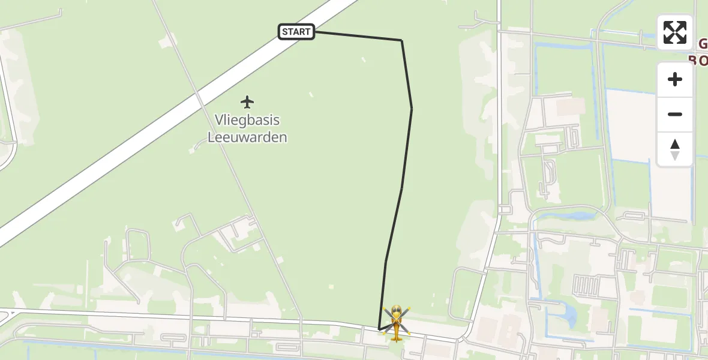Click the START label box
pyautogui.click(x=296, y=32)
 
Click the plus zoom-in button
pyautogui.click(x=675, y=79)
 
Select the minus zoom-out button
pyautogui.click(x=675, y=114)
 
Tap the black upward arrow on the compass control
pyautogui.click(x=675, y=144)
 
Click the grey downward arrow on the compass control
pyautogui.click(x=675, y=156)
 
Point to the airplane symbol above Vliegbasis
pyautogui.click(x=247, y=101)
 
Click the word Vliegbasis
pyautogui.click(x=247, y=120)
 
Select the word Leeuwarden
pyautogui.click(x=247, y=137)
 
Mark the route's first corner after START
pyautogui.click(x=401, y=40)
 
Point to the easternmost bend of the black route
pyautogui.click(x=412, y=109)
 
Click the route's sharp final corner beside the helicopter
pyautogui.click(x=379, y=329)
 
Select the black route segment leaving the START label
pyautogui.click(x=358, y=35)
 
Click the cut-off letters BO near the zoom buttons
pyautogui.click(x=698, y=61)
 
